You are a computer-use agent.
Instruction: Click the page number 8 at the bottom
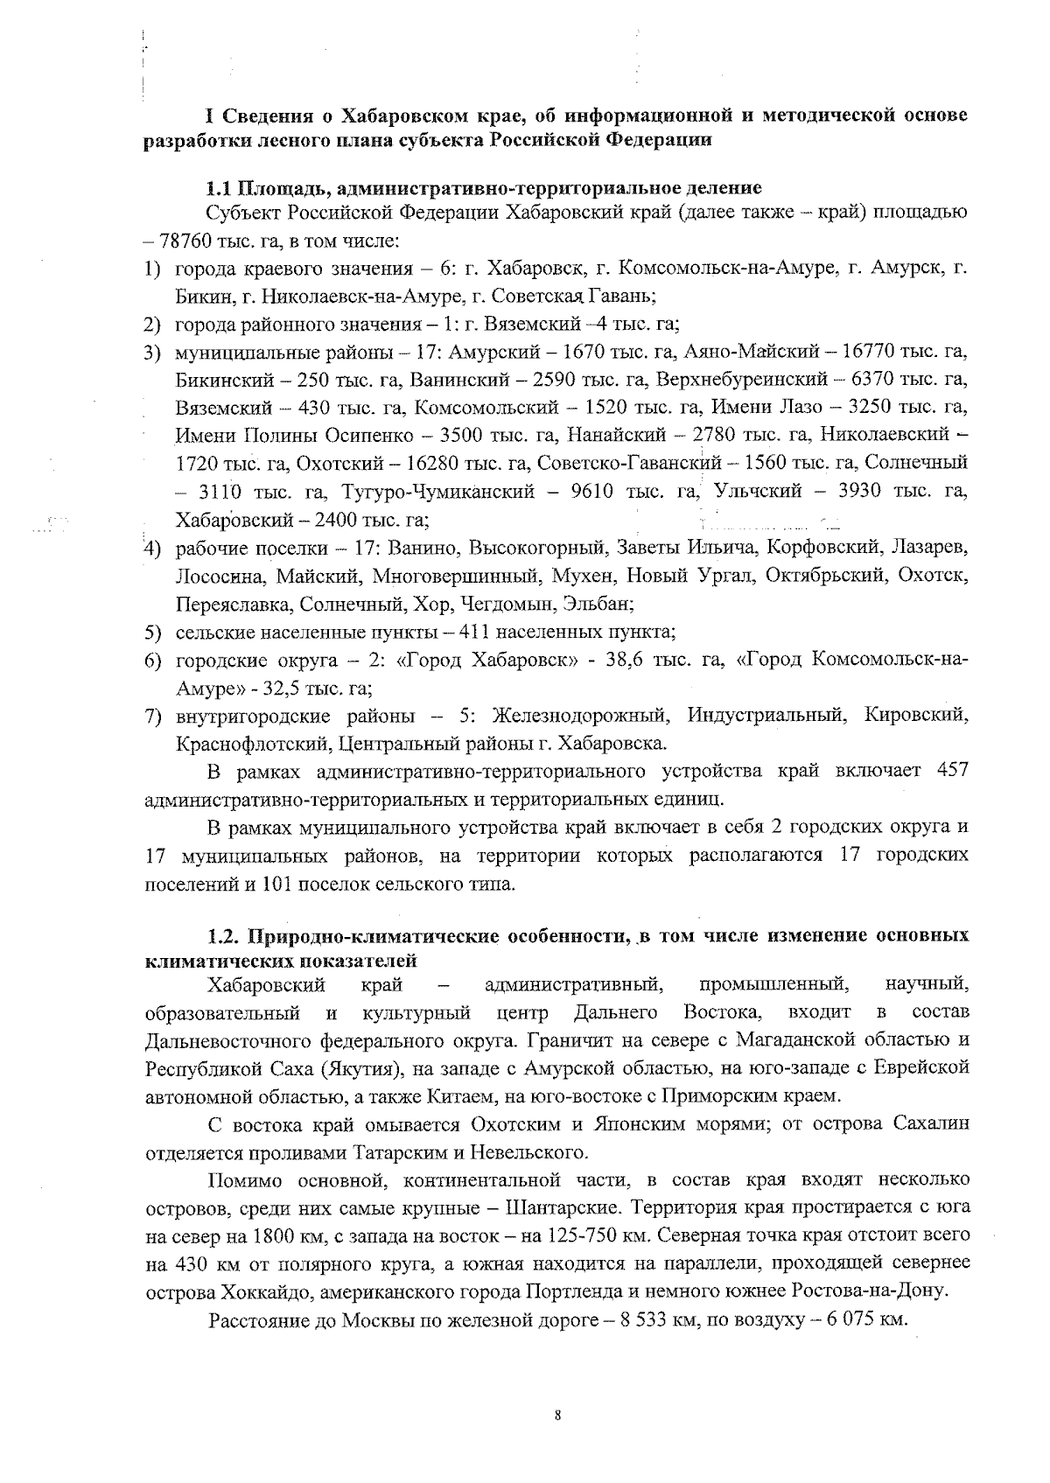(x=557, y=1415)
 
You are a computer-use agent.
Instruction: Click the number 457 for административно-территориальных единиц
(x=952, y=771)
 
